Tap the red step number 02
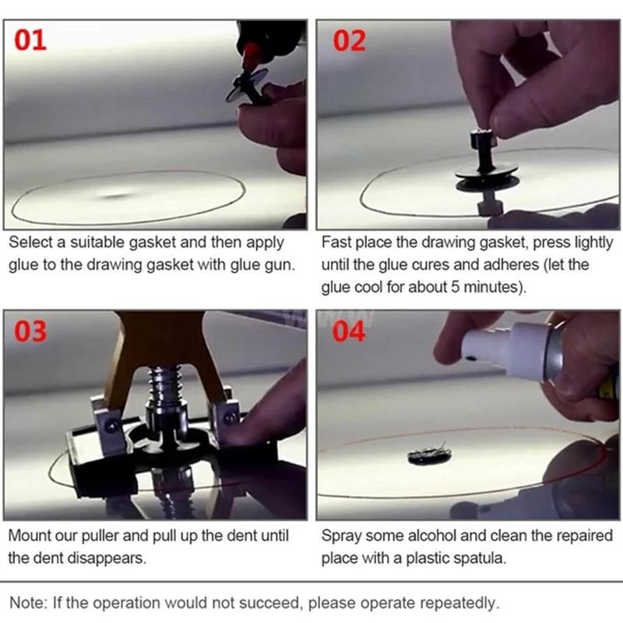(350, 39)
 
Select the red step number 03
(31, 331)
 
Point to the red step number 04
(350, 331)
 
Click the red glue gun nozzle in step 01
(251, 56)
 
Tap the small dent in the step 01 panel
(117, 195)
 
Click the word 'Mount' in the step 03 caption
(30, 536)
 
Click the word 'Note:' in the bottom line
(28, 603)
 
